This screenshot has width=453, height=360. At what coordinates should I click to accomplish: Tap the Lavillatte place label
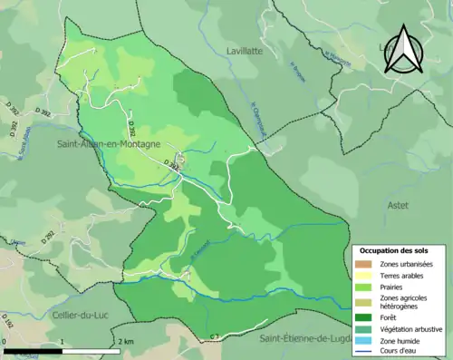coord(246,52)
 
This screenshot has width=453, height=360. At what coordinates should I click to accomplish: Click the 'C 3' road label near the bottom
coord(215,337)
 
